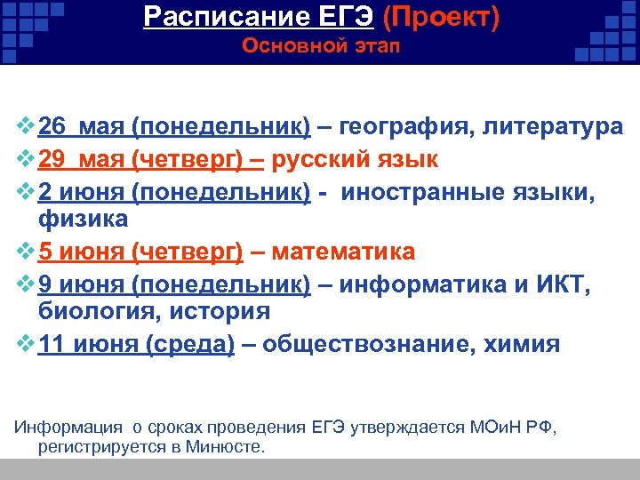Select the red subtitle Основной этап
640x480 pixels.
321,46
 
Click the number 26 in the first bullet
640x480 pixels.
53,127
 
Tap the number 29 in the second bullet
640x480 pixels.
53,159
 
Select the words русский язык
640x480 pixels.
356,159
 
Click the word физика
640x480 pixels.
84,218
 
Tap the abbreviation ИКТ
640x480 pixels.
557,284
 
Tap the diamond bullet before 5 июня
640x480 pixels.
24,252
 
